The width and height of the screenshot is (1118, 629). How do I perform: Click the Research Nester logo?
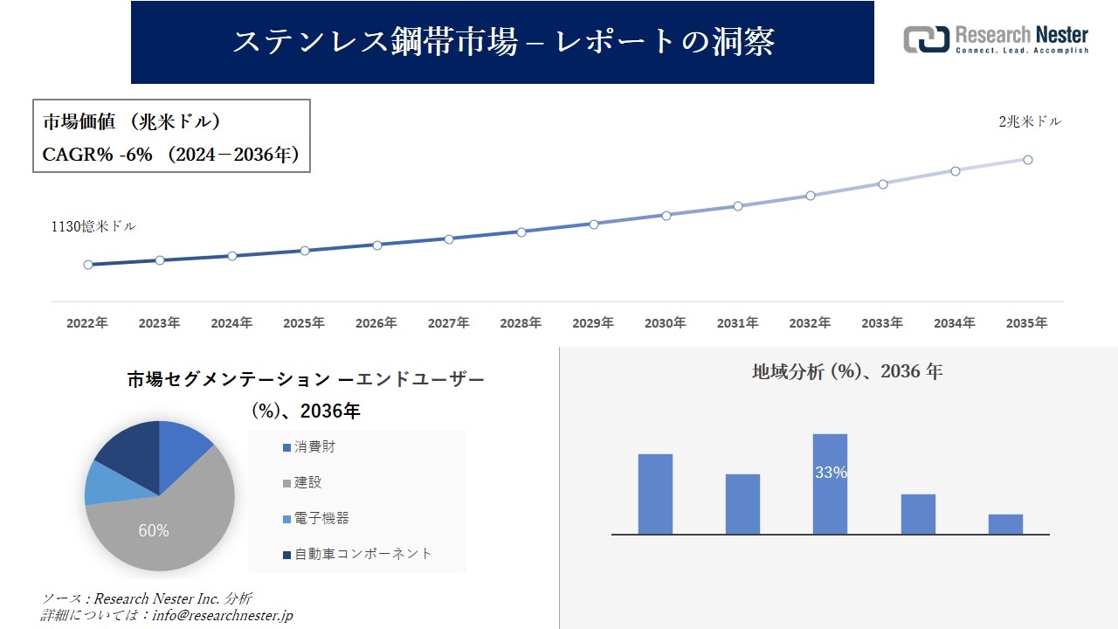tap(996, 39)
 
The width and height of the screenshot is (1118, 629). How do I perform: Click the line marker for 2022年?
tap(88, 265)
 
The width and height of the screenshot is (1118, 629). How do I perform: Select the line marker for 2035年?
tap(1028, 160)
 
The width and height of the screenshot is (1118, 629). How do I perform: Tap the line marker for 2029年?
tap(594, 225)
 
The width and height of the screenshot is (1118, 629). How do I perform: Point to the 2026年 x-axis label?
tap(376, 323)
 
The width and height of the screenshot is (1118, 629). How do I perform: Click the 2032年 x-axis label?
tap(810, 323)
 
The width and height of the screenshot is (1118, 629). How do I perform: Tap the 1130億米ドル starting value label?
tap(93, 226)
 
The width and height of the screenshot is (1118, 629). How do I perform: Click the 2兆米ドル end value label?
tap(1030, 122)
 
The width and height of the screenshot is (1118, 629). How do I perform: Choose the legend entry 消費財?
tap(314, 447)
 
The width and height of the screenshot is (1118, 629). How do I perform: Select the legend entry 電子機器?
tap(321, 518)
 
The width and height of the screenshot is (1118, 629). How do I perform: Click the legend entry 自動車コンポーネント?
tap(362, 554)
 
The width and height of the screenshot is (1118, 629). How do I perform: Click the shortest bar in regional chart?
tap(1005, 524)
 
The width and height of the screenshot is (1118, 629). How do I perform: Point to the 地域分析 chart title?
tap(846, 371)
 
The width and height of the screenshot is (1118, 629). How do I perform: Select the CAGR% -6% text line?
tap(171, 155)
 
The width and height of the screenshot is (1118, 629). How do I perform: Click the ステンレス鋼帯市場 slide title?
tap(502, 42)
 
